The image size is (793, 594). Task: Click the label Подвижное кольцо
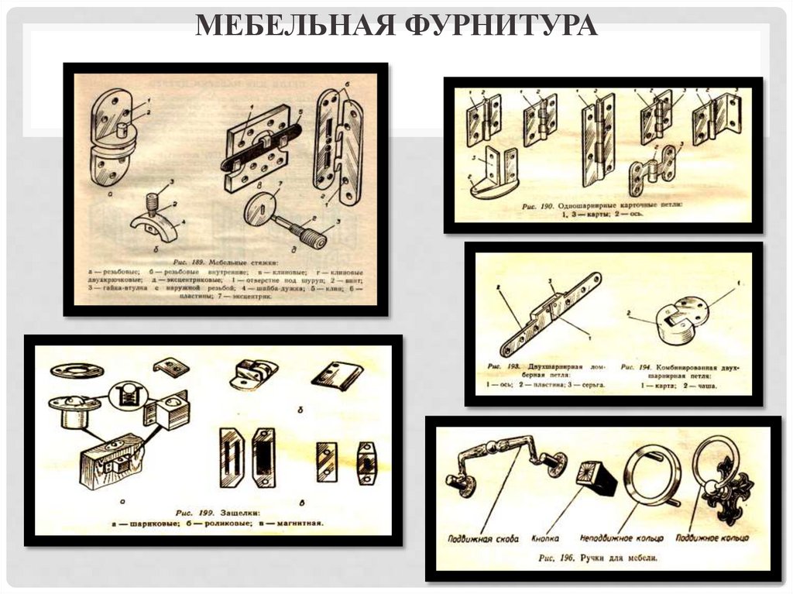pos(712,536)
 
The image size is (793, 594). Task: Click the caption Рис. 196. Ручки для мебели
pos(599,558)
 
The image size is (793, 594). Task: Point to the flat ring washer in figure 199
pos(77,370)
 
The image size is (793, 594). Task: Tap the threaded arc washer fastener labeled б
pos(153,220)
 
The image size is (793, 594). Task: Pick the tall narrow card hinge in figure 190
pos(598,139)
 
